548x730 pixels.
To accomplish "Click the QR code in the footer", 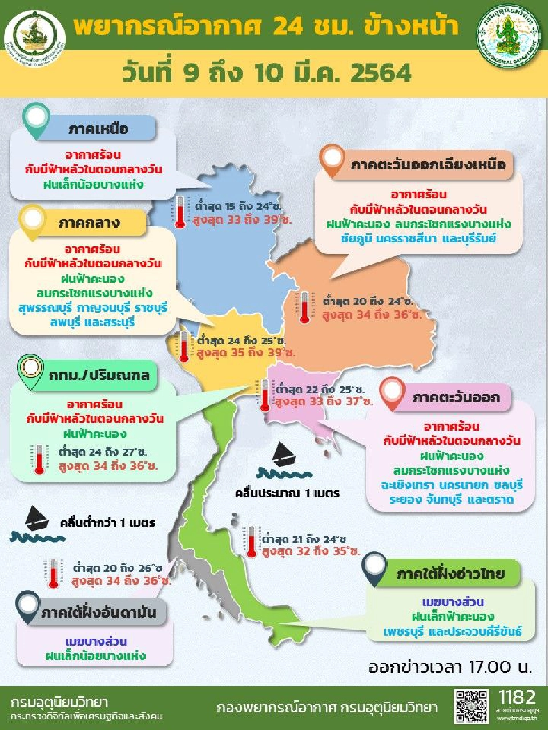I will (x=472, y=706).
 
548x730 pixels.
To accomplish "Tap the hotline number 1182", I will (x=517, y=697).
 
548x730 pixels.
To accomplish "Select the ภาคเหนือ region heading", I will (x=99, y=129).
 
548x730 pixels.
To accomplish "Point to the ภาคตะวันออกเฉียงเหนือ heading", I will (x=428, y=165).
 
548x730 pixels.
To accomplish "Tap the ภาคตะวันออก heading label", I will (x=456, y=398).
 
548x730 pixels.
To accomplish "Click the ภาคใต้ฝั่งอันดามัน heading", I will (x=98, y=613).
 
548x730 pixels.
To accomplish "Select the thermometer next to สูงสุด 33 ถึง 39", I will (x=180, y=212).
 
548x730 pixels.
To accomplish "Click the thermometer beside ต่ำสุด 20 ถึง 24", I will (x=304, y=308).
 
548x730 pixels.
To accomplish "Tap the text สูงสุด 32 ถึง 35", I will (x=311, y=552).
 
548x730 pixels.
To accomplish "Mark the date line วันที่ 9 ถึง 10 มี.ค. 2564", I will (x=267, y=74).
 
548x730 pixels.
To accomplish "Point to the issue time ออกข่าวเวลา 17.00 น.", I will (x=450, y=667).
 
